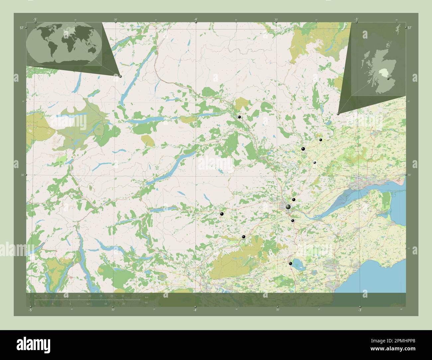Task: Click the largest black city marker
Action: coord(288,207)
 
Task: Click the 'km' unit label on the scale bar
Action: coord(147,297)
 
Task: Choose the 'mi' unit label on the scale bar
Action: coord(147,302)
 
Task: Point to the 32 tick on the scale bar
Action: coord(123,296)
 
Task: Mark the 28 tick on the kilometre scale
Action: coord(112,296)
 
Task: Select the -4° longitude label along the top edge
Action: coord(196,20)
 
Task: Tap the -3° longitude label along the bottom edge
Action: coord(360,310)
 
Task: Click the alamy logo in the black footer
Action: coord(33,345)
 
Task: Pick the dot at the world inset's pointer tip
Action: coord(120,76)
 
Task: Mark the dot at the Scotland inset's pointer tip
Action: coord(338,114)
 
